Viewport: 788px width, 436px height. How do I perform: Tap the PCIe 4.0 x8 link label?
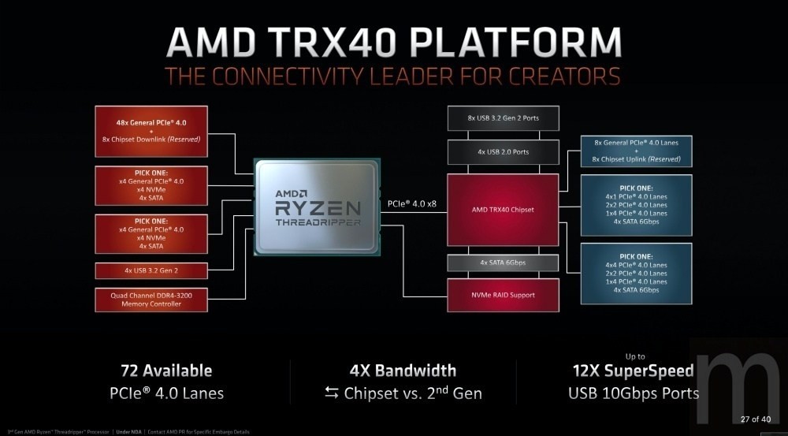[x=412, y=203]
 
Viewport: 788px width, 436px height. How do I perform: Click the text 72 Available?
[x=166, y=371]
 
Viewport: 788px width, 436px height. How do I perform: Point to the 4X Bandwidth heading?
[x=403, y=371]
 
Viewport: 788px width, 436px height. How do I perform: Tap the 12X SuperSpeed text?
[x=633, y=371]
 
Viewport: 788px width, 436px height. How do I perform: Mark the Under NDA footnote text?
[x=128, y=432]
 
